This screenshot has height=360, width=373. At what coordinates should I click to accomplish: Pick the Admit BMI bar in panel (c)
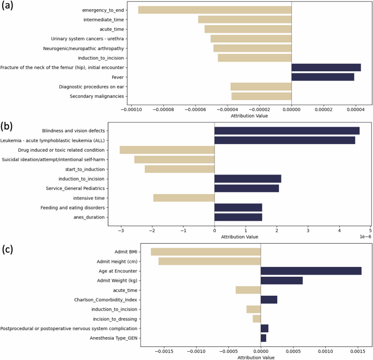tap(206, 252)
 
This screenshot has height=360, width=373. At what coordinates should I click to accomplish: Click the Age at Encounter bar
tap(311, 271)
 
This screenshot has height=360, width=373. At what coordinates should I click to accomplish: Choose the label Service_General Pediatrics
tap(75, 188)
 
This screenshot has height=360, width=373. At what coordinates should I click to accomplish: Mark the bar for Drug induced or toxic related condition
tap(167, 150)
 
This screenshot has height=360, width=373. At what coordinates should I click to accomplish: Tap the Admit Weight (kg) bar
tap(282, 281)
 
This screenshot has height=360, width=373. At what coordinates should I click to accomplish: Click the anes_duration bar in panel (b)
tap(238, 217)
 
